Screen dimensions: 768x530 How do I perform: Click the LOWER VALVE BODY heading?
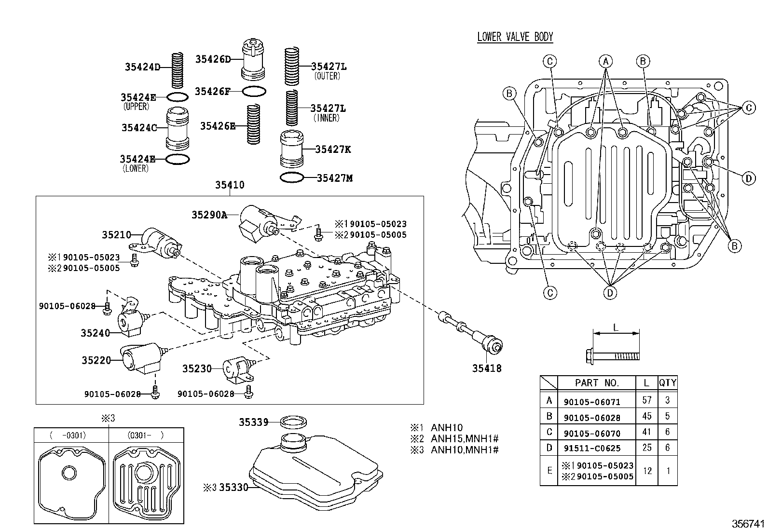tap(515, 37)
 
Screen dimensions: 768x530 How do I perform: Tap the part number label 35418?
tap(487, 368)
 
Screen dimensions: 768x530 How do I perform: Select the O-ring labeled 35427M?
tap(292, 177)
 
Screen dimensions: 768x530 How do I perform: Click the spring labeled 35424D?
tap(177, 70)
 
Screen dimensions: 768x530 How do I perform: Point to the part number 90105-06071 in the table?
tap(592, 402)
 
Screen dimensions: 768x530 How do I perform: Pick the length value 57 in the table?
tap(646, 400)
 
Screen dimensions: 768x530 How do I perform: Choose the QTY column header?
tap(668, 382)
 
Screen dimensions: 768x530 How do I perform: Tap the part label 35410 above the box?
tap(230, 185)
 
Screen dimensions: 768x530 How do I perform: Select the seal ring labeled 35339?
tap(293, 422)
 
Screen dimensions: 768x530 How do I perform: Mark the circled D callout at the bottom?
tap(610, 293)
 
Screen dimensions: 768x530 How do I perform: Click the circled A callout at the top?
tap(605, 61)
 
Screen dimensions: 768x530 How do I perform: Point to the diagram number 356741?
tap(748, 523)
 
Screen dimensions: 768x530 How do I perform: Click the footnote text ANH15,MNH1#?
tap(465, 438)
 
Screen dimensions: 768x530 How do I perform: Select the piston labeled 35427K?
tap(292, 149)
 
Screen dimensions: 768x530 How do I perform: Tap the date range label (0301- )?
tap(146, 435)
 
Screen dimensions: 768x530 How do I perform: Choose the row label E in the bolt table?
tap(549, 470)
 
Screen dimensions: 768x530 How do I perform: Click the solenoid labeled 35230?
tap(239, 369)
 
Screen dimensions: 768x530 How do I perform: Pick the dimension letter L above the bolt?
tap(616, 328)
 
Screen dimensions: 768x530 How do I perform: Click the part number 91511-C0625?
tap(592, 448)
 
